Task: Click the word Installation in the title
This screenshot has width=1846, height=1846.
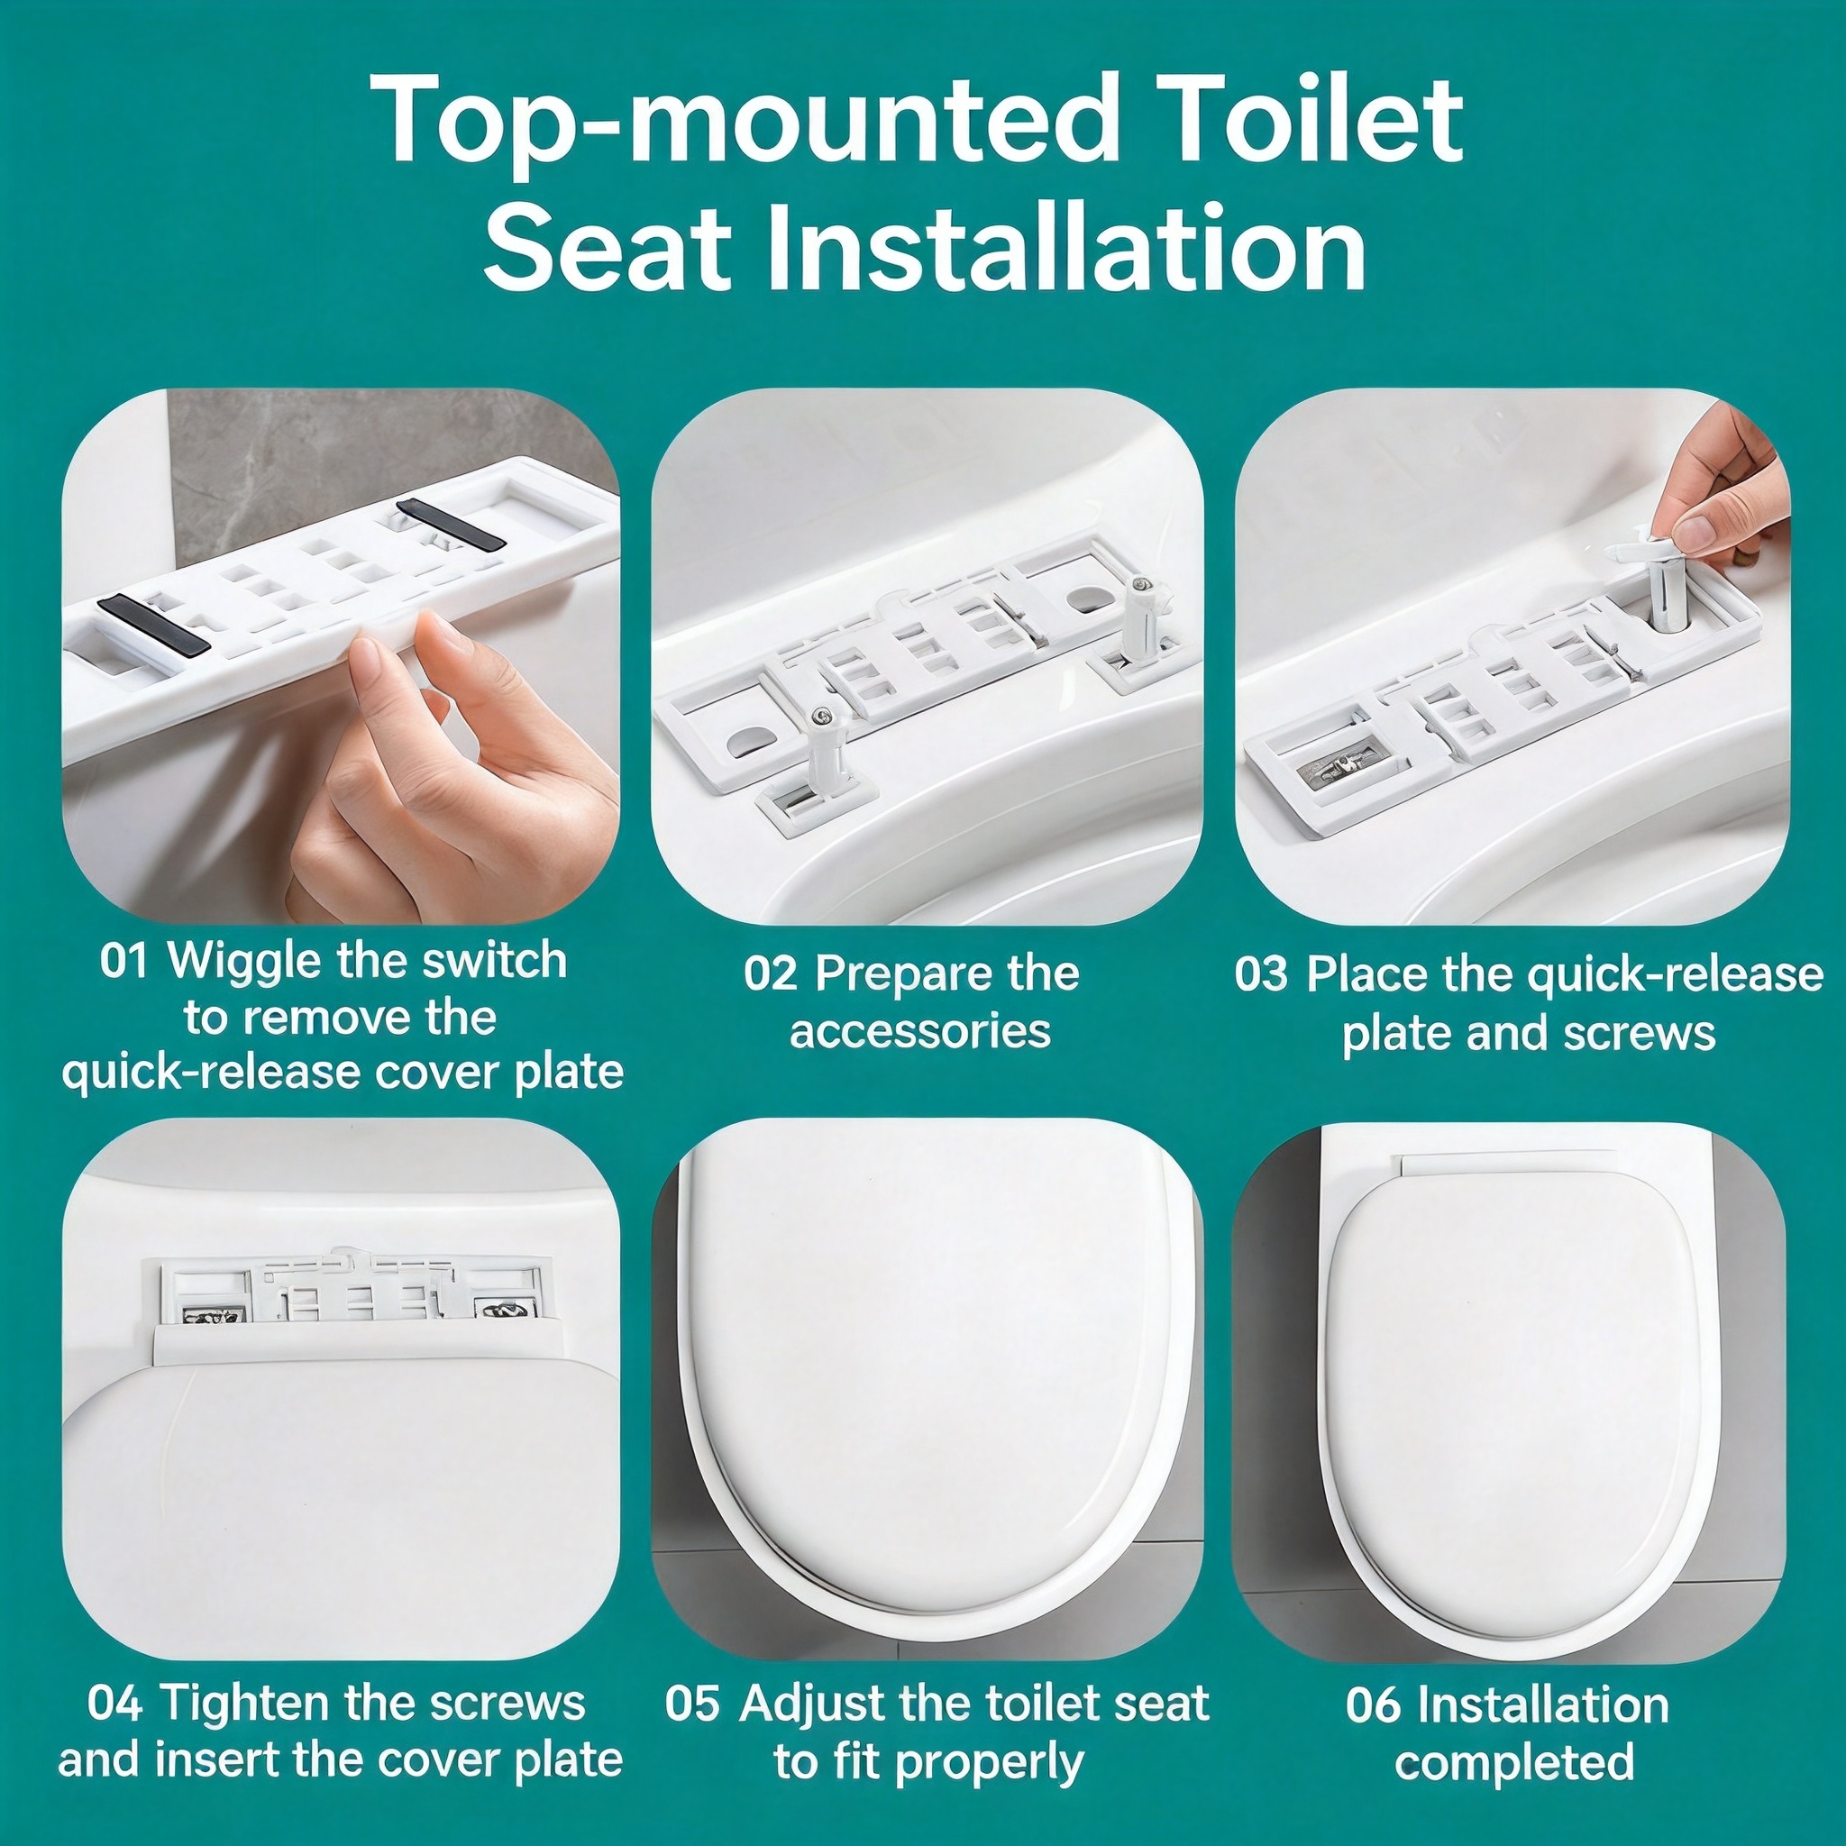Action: pyautogui.click(x=1065, y=246)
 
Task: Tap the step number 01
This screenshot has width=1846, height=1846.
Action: pyautogui.click(x=124, y=961)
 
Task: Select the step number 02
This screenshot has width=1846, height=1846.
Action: pyautogui.click(x=770, y=974)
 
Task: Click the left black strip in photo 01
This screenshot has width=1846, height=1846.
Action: pyautogui.click(x=154, y=624)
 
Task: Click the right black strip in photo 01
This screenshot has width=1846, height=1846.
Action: pyautogui.click(x=450, y=525)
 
